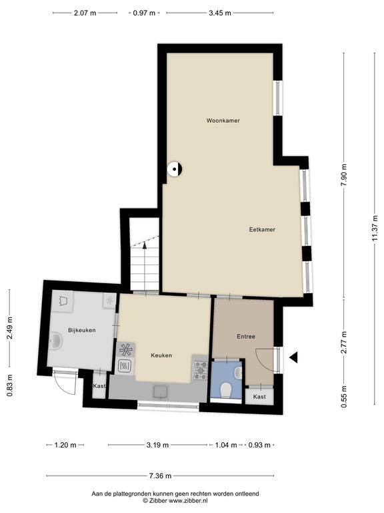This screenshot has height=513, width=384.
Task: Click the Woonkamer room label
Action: [x=223, y=121]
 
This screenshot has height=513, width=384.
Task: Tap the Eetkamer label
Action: [x=262, y=230]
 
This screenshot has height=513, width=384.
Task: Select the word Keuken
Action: [x=161, y=355]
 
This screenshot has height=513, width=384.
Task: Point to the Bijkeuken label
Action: [x=82, y=330]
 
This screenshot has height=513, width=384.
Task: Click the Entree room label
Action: [x=246, y=337]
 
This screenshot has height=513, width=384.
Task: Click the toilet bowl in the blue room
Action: [x=225, y=390]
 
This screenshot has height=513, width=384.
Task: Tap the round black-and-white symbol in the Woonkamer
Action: [x=175, y=169]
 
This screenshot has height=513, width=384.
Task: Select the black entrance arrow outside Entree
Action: [x=293, y=357]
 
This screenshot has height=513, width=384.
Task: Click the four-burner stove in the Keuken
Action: [x=200, y=370]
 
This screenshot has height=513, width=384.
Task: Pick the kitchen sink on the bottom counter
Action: [x=161, y=391]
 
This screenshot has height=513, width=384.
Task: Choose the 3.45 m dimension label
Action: [x=220, y=13]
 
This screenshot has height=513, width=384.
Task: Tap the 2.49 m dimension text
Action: [x=10, y=328]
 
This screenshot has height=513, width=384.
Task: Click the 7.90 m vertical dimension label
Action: [x=343, y=175]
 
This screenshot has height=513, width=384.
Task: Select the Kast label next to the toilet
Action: [x=259, y=397]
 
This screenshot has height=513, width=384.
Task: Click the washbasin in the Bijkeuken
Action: [x=55, y=341]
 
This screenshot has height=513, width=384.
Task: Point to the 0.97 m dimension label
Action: [x=144, y=13]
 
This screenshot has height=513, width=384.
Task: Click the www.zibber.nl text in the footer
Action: [x=188, y=500]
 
